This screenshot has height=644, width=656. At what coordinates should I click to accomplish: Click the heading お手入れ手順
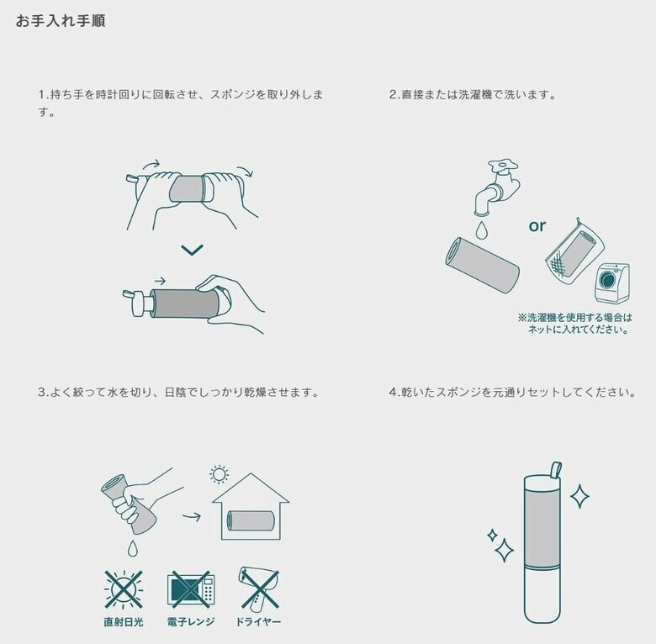point(61,21)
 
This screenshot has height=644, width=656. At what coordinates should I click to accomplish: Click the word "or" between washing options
point(537,225)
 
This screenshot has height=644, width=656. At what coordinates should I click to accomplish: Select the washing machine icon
point(611,283)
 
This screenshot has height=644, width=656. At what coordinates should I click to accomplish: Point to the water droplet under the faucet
point(481,229)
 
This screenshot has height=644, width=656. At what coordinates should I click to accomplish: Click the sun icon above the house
point(220,475)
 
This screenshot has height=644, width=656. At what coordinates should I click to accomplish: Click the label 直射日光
point(124,622)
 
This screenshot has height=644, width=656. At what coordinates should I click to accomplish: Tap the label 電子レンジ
point(192,622)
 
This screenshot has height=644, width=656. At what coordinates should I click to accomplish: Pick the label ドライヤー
point(258,622)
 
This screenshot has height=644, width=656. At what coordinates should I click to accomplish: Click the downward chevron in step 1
point(192,250)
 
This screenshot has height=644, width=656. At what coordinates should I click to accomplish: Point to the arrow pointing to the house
point(192,516)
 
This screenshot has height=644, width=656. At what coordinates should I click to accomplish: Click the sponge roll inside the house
point(250,520)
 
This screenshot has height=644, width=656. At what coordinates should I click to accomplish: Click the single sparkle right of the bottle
point(579,495)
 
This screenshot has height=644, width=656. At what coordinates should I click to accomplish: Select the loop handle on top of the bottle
point(554,467)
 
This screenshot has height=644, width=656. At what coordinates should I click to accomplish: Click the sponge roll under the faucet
point(482,265)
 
